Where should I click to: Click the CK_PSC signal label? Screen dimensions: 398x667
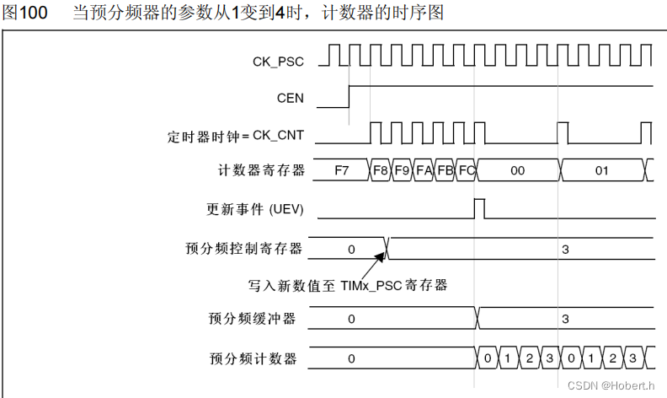278,61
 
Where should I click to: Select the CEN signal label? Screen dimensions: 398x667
291,98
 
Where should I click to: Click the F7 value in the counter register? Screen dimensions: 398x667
342,170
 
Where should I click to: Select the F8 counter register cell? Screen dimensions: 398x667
381,170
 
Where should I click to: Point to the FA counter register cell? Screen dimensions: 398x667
424,170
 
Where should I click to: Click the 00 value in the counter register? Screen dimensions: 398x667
517,170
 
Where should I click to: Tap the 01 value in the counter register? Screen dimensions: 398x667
601,170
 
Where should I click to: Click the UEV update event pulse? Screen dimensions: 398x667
479,207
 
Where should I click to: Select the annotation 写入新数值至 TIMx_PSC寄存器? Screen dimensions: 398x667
347,285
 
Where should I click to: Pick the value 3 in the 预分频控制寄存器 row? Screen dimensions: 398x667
565,249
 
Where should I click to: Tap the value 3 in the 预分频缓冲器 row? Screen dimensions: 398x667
565,319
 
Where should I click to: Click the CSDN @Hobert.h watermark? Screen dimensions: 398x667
611,385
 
